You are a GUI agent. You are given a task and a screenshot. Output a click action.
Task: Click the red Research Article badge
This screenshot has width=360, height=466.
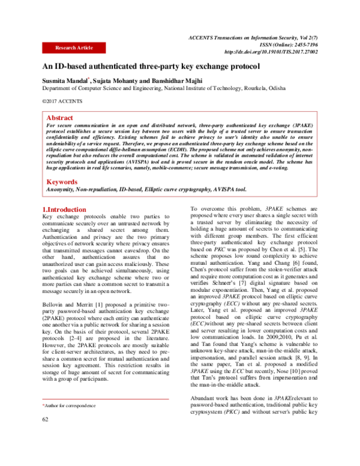point(74,47)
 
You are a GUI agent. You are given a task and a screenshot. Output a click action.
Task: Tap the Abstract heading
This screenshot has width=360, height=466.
point(59,118)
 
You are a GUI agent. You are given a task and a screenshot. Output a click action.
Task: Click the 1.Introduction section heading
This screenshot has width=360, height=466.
point(64,208)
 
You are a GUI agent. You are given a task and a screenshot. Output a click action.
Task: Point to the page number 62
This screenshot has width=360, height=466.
point(45,435)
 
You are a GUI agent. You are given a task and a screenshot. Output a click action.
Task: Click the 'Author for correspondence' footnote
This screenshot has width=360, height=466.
point(67,423)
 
